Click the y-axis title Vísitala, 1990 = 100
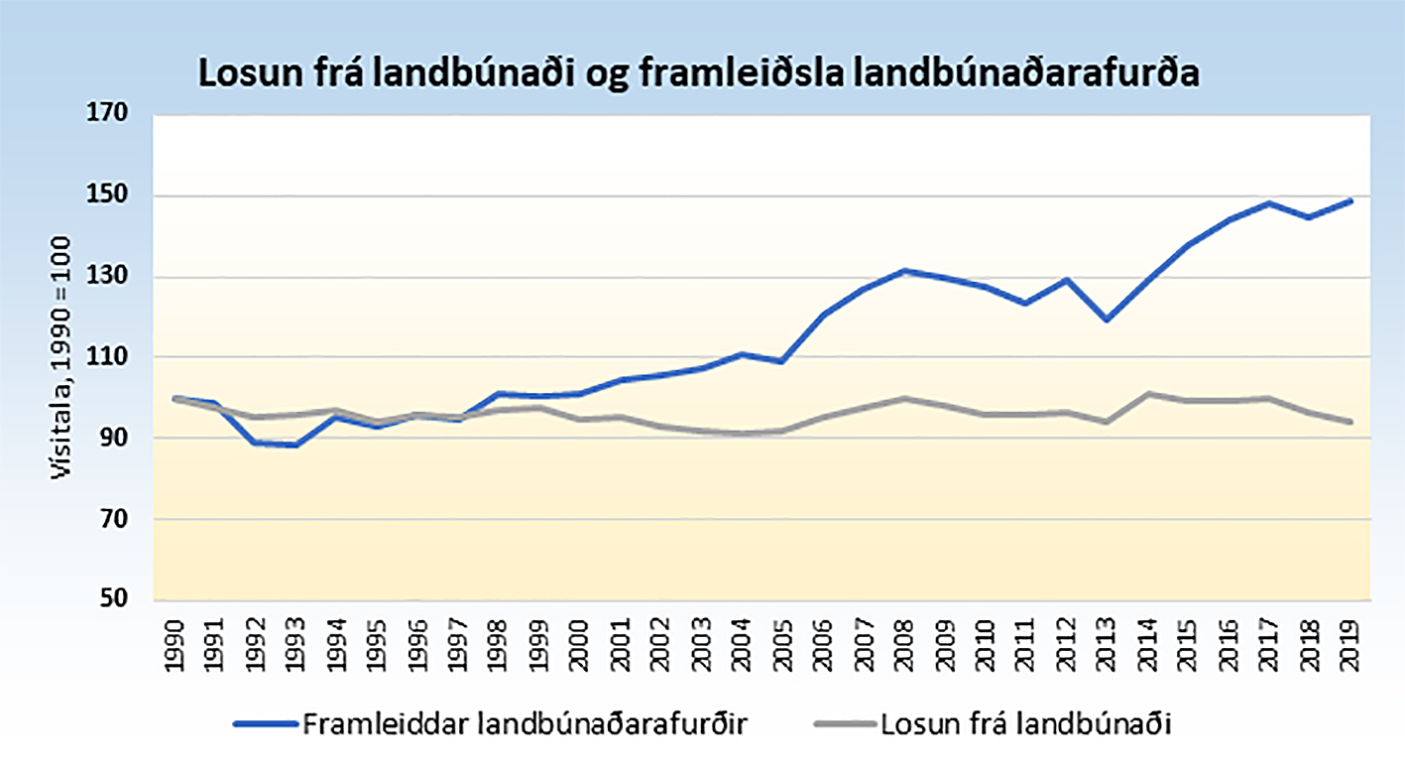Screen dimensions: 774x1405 point(62,357)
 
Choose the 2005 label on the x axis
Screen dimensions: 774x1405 point(781,644)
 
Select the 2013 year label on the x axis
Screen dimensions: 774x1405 point(1106,644)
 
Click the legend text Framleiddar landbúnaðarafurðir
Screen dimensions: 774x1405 point(525,724)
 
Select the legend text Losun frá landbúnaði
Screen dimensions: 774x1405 point(1025,724)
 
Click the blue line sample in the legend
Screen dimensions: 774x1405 point(265,724)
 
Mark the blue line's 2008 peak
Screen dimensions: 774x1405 point(904,270)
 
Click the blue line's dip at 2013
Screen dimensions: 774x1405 point(1106,320)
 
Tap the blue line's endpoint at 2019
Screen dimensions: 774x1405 point(1349,201)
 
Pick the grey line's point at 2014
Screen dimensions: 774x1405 point(1147,394)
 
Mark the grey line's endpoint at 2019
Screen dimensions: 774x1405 point(1349,422)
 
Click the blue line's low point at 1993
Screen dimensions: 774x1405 point(295,446)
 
